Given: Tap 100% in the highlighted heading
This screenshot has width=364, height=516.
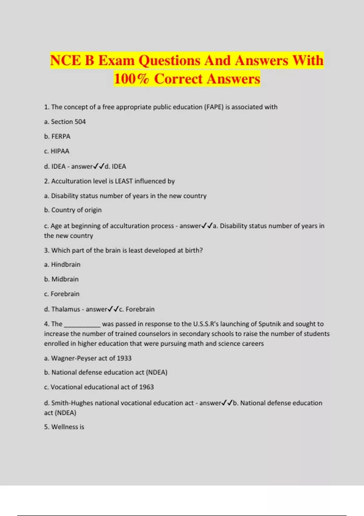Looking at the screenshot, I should (131, 79).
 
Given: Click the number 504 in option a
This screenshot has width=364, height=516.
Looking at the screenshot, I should (80, 122).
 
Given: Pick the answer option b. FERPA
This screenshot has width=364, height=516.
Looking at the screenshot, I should (57, 137).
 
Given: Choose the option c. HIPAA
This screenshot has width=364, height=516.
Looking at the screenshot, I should (57, 151).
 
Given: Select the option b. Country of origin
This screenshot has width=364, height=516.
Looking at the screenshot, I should (73, 210).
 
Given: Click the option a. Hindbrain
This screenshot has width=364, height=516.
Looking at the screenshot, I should (62, 265).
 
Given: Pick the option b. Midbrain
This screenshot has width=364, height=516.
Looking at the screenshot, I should (61, 279).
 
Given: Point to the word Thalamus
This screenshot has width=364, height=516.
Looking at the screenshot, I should (66, 309).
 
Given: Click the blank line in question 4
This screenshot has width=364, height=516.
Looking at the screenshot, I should (82, 325).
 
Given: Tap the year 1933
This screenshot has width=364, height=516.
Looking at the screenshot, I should (124, 358).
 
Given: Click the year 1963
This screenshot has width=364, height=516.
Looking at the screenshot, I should (146, 387).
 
